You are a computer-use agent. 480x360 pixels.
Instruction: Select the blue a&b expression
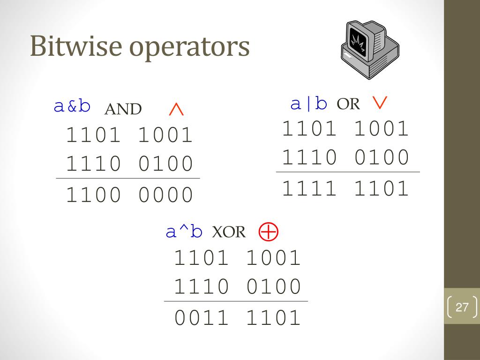coord(72,106)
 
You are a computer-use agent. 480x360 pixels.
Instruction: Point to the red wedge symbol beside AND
coord(176,110)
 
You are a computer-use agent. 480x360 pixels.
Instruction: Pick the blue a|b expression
coord(308,104)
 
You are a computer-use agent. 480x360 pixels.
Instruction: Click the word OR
coord(348,104)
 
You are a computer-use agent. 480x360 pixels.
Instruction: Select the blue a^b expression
coord(184,232)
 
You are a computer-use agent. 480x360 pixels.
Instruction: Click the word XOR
coord(229,232)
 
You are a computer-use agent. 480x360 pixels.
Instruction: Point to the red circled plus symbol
coord(269,232)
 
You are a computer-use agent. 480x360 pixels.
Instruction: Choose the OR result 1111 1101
coord(345,189)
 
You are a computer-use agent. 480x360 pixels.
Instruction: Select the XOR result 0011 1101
coord(237,318)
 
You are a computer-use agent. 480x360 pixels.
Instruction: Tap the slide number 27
coord(462,307)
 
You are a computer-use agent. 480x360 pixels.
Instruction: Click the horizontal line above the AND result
coord(127,179)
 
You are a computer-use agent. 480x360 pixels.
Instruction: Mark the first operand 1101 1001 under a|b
coord(345,129)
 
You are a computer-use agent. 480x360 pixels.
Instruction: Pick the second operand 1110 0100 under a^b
coord(237,286)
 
